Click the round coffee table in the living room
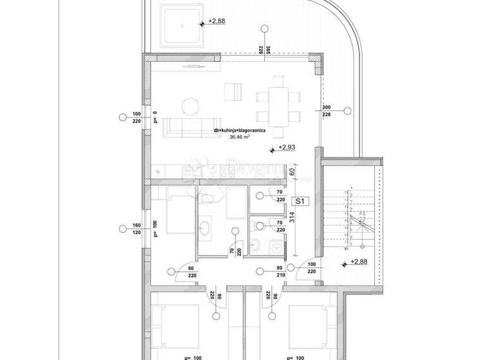point(190,104)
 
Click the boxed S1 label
point(299,201)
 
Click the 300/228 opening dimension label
point(325,111)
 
